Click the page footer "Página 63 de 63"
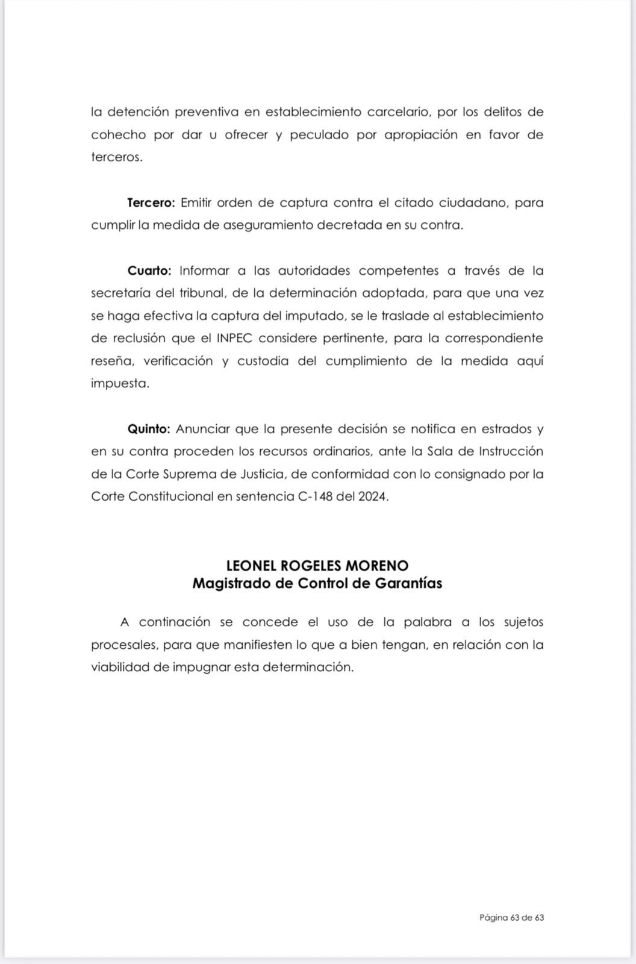pyautogui.click(x=511, y=918)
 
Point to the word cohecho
pyautogui.click(x=118, y=135)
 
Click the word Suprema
pyautogui.click(x=191, y=474)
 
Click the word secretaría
pyautogui.click(x=122, y=293)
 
